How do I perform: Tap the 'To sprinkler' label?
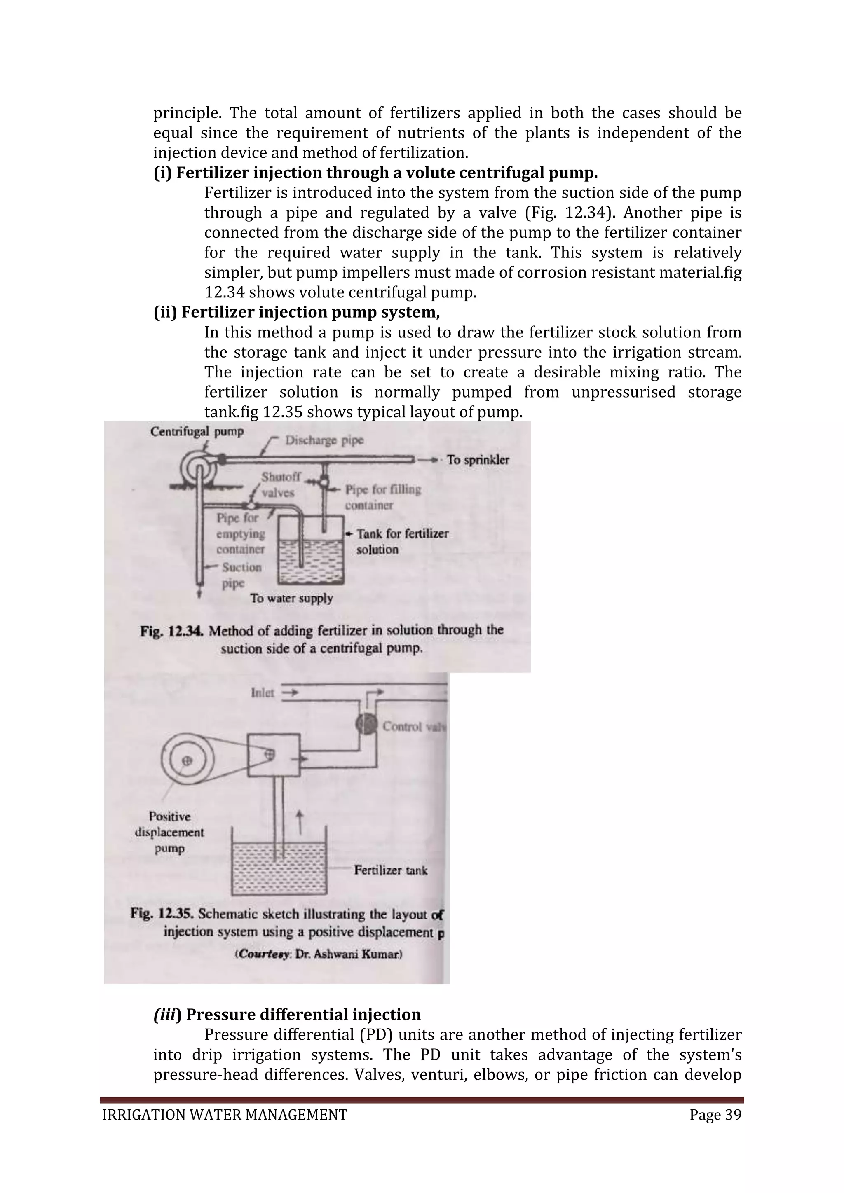tap(478, 460)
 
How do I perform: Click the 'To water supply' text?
tap(291, 598)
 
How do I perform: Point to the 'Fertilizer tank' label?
tap(390, 870)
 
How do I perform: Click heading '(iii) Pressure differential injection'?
tap(287, 1014)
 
